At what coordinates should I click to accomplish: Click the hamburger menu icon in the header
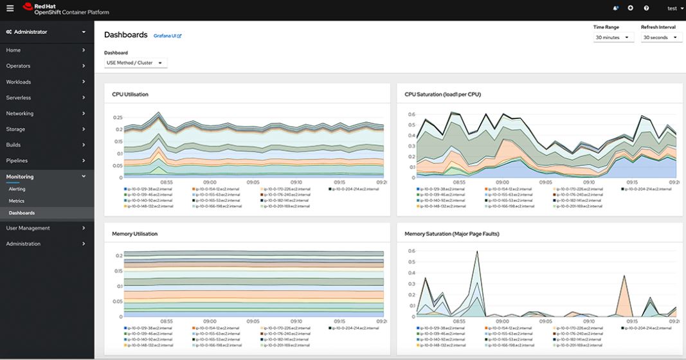click(10, 8)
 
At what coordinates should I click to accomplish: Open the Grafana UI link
click(167, 36)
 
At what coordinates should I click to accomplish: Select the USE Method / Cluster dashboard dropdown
click(135, 62)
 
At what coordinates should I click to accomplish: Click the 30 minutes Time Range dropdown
click(613, 38)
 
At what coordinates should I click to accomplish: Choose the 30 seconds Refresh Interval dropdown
click(661, 38)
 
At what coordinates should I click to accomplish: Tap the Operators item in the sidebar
click(18, 66)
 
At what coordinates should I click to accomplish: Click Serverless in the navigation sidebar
click(19, 98)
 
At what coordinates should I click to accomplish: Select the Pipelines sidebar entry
click(17, 161)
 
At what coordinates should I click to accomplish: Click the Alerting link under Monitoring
click(17, 190)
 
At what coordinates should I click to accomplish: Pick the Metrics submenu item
click(16, 201)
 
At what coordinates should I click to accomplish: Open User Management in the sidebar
click(28, 228)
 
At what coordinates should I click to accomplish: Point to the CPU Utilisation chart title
click(130, 94)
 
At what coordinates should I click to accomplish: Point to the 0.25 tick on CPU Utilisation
click(117, 118)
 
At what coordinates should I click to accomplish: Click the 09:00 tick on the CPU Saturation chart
click(502, 182)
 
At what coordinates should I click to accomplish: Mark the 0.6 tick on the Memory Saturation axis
click(411, 251)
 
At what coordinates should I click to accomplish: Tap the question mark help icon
click(645, 8)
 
